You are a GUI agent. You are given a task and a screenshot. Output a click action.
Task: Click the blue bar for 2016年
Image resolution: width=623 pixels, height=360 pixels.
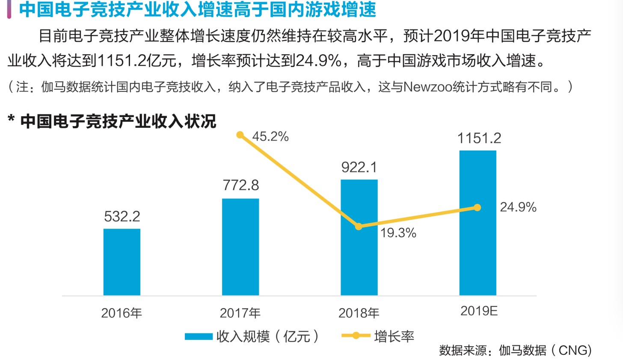click(x=122, y=262)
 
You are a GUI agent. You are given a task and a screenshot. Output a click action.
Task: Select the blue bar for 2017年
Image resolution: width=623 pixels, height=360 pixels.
click(x=240, y=247)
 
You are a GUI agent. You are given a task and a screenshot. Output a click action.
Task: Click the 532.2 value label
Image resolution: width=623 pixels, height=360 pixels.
click(x=122, y=216)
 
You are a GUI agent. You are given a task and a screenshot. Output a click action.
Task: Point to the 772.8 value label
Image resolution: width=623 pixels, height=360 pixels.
click(x=241, y=185)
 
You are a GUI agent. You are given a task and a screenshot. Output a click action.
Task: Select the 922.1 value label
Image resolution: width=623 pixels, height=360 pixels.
click(x=359, y=167)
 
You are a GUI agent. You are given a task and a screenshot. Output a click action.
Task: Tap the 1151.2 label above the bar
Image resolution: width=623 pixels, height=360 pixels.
click(x=479, y=138)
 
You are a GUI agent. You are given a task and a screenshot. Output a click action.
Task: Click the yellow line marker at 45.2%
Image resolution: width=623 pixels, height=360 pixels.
click(x=240, y=135)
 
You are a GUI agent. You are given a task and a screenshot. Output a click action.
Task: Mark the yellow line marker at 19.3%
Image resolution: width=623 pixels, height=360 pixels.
click(x=359, y=227)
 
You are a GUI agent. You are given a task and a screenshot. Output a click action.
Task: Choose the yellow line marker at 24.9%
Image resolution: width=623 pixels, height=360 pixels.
click(x=478, y=207)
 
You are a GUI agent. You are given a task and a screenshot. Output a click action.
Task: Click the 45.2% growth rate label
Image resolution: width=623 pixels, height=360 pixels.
click(x=270, y=136)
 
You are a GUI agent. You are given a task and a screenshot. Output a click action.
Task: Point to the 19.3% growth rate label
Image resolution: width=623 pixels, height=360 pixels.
click(x=398, y=233)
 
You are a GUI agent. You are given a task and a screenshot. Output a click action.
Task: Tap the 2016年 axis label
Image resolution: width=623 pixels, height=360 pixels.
click(x=122, y=313)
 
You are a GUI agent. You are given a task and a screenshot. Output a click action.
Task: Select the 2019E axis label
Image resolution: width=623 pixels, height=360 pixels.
click(x=479, y=311)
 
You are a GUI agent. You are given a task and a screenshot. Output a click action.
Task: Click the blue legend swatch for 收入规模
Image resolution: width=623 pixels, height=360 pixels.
click(x=199, y=336)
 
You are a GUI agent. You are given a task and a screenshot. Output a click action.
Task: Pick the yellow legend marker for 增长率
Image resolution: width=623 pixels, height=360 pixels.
click(x=356, y=336)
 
